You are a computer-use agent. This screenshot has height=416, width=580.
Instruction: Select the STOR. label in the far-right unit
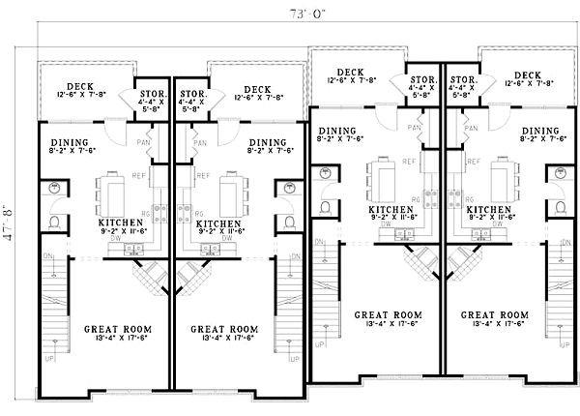click(x=461, y=79)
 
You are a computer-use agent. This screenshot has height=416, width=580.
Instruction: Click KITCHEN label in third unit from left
click(x=392, y=209)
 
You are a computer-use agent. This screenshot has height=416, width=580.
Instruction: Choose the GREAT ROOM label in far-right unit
click(x=495, y=315)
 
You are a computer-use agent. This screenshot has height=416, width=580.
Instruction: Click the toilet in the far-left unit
click(x=55, y=223)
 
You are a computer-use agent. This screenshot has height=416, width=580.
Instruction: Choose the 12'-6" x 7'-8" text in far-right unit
click(x=528, y=84)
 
